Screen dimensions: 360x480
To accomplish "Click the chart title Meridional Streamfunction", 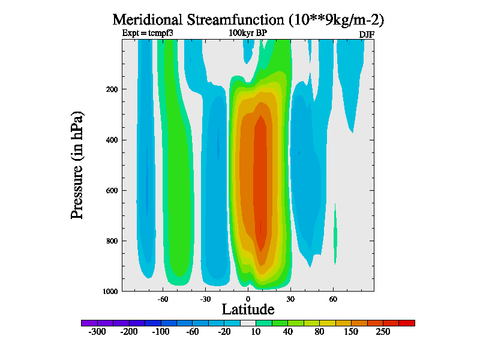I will pos(248,19).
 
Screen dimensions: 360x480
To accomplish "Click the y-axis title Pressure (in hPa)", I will pos(77,164).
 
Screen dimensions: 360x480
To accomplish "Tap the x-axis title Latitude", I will pos(248,310).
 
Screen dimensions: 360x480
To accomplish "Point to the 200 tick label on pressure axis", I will pos(112,89).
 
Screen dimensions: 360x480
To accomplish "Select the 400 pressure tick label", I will pos(112,140).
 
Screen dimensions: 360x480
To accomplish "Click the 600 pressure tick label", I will pos(112,191).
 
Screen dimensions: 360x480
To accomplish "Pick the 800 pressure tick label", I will pos(112,241).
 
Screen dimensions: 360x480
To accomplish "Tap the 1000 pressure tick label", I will pos(110,291).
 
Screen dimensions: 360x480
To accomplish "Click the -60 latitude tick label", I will pos(162,299).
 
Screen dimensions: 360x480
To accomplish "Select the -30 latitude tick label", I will pos(205,299).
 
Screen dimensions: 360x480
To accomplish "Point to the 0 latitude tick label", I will pos(248,299).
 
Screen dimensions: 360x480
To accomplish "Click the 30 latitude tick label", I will pos(290,299).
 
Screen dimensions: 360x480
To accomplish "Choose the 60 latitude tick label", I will pos(333,299).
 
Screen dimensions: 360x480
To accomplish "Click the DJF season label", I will pos(367,34).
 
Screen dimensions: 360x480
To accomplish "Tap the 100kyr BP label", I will pos(248,33).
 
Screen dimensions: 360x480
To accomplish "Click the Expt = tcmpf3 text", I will pos(148,33).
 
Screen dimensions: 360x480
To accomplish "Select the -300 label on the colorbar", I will pos(97,332).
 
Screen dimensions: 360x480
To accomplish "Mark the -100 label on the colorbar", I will pos(160,332).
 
